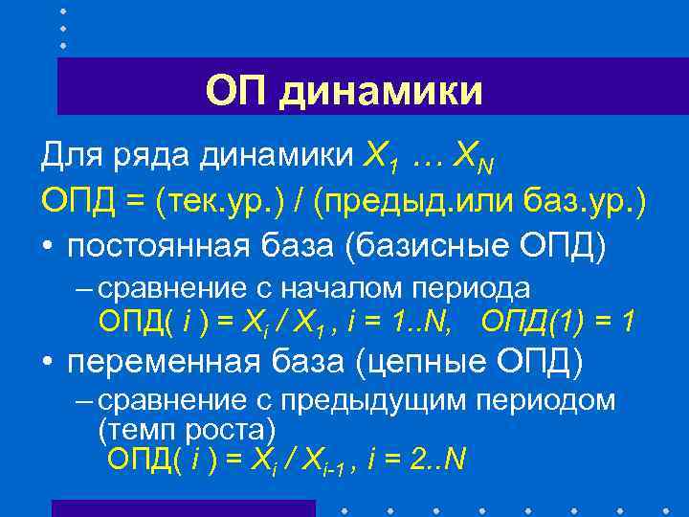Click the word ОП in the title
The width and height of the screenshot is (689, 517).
(x=234, y=91)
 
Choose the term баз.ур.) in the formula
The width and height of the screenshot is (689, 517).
(x=584, y=201)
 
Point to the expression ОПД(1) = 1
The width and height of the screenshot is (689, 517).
(x=558, y=322)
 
